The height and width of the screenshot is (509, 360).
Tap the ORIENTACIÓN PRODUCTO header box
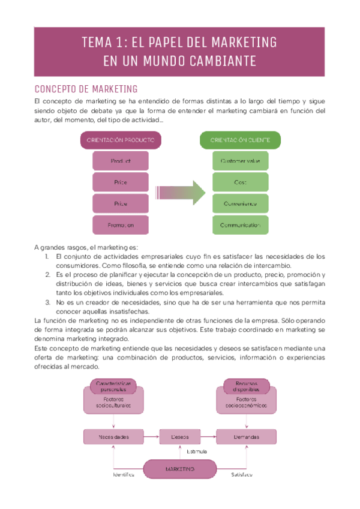[x=120, y=140]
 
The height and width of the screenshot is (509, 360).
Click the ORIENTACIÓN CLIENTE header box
[x=240, y=140]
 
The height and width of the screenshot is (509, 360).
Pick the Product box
[x=120, y=161]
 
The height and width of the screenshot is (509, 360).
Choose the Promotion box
[x=120, y=225]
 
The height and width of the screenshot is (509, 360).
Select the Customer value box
[x=240, y=161]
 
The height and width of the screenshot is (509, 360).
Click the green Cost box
[x=240, y=182]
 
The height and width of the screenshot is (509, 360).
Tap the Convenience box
[x=240, y=203]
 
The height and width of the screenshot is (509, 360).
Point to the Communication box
[x=240, y=225]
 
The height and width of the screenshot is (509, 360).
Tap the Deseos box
[x=180, y=436]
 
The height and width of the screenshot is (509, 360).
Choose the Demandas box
[x=247, y=436]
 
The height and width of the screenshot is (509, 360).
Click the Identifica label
[x=124, y=474]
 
